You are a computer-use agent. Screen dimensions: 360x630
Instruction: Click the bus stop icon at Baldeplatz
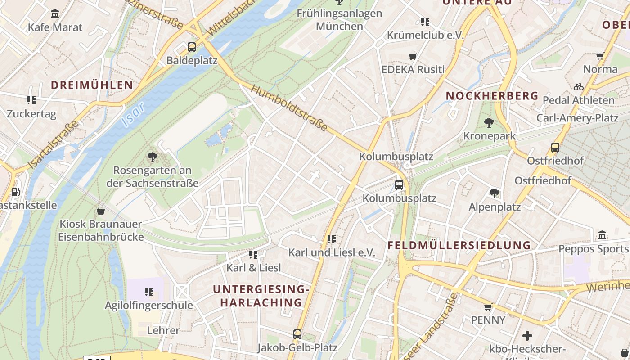click(x=192, y=47)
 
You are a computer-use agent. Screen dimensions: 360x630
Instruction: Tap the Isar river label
click(x=133, y=115)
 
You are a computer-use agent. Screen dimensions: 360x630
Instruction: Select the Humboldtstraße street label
click(x=289, y=108)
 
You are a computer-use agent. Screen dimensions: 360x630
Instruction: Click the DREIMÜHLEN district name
click(x=92, y=85)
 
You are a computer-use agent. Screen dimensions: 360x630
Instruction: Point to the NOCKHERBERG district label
click(x=492, y=95)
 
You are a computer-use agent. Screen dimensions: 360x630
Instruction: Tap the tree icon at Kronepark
click(x=489, y=122)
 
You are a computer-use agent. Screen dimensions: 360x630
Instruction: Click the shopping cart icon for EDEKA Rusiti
click(x=413, y=56)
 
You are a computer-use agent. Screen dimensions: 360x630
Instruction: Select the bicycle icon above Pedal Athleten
click(x=578, y=87)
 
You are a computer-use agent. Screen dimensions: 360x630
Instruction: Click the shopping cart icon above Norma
click(x=600, y=56)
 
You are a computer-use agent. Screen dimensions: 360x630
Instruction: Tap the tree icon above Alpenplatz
click(x=495, y=193)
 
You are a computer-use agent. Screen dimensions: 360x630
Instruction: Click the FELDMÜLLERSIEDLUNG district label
click(x=459, y=246)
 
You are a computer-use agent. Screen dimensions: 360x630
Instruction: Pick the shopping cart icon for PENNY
click(x=488, y=307)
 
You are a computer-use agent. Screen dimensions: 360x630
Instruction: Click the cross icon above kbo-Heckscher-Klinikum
click(x=527, y=336)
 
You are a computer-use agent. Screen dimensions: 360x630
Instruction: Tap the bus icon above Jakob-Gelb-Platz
click(x=297, y=334)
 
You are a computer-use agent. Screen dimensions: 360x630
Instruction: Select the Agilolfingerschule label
click(x=149, y=305)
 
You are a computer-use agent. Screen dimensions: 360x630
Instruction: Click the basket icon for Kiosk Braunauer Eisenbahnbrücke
click(x=101, y=210)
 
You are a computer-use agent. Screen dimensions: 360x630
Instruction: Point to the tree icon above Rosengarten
click(x=153, y=157)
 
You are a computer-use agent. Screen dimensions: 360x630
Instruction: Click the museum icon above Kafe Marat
click(x=55, y=13)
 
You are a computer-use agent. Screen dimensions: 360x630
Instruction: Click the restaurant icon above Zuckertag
click(x=31, y=100)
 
